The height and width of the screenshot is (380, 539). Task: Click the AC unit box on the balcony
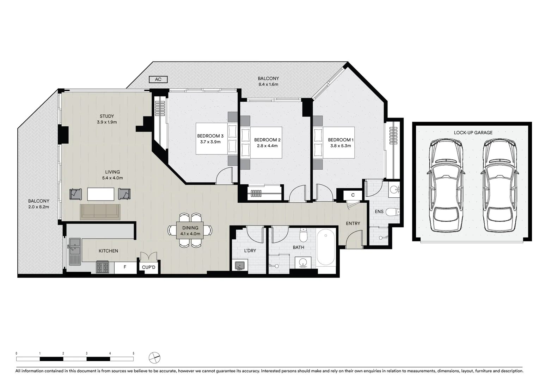158,80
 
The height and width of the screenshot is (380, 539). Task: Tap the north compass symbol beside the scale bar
154,358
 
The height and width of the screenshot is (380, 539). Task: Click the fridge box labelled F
125,267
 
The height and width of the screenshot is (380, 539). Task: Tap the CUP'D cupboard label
148,267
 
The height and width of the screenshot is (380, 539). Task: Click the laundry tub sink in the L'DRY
240,266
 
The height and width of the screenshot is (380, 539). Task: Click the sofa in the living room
100,212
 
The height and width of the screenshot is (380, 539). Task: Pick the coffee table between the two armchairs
101,194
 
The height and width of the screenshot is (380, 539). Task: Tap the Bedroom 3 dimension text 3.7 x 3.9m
210,142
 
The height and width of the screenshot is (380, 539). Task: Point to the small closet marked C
353,195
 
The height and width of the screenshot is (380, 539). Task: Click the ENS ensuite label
379,212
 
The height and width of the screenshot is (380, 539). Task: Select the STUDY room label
107,116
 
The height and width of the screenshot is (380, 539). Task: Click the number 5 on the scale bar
133,353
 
